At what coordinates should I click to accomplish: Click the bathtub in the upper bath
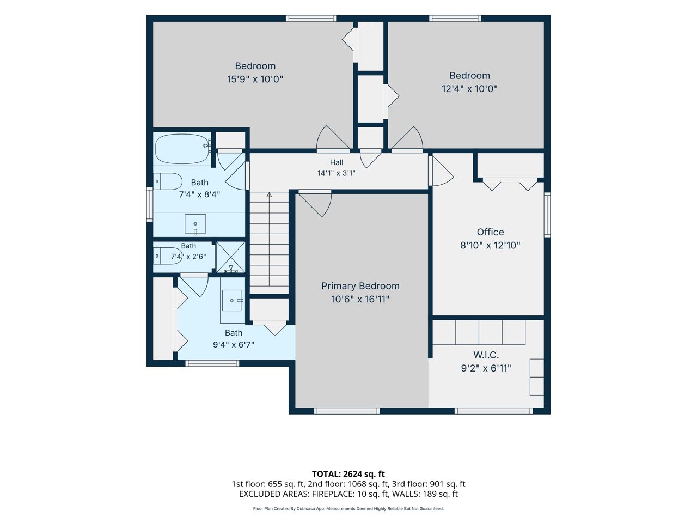point(182,149)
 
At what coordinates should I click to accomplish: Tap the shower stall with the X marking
point(230,257)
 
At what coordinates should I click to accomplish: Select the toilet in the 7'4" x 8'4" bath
point(168,181)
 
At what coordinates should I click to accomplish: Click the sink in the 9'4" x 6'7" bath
point(233,300)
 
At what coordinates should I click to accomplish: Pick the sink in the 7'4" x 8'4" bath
point(195,224)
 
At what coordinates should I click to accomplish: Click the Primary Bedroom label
point(360,286)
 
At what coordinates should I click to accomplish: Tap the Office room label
point(490,232)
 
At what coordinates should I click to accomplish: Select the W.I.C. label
point(486,355)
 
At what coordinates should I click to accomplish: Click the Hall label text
point(337,162)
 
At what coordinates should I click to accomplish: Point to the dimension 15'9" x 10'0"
point(255,79)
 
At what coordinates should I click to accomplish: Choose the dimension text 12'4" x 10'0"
point(469,89)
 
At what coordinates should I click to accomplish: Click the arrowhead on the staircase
point(269,194)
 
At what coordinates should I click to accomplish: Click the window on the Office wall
point(547,215)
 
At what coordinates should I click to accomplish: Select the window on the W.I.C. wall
point(493,411)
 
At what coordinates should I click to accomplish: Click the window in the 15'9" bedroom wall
point(311,19)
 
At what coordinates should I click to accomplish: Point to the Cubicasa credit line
point(348,509)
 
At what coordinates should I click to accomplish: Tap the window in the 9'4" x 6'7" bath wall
point(212,363)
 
